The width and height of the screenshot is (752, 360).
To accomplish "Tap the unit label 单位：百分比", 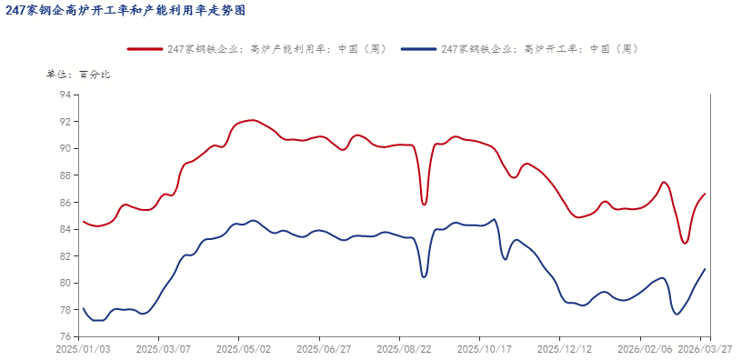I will [x=77, y=75].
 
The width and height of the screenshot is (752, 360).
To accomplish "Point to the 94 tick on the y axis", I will [x=65, y=95].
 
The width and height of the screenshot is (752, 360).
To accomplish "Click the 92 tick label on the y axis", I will [x=65, y=121].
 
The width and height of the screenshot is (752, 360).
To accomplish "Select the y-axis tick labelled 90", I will [x=65, y=148].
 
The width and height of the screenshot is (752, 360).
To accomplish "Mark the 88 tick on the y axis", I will [x=65, y=175].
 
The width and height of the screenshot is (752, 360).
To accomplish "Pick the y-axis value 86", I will [x=65, y=202].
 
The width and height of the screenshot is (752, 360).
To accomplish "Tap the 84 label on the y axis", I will [x=65, y=229].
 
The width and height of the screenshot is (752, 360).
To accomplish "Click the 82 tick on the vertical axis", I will [x=65, y=256].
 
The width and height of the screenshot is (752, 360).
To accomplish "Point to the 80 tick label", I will [x=65, y=283].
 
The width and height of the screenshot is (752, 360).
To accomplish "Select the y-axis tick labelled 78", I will [x=65, y=310].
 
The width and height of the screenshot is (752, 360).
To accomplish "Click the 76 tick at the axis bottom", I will [x=65, y=337].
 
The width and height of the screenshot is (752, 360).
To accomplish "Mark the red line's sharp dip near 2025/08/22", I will [x=424, y=205].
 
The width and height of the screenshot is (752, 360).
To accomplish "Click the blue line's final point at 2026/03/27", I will [x=705, y=269].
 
